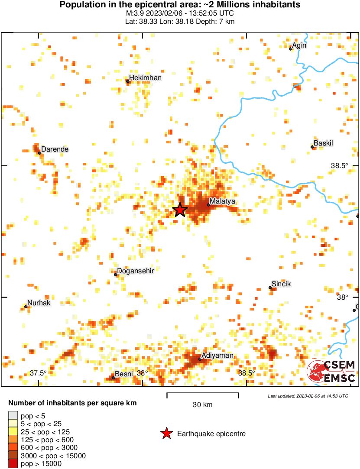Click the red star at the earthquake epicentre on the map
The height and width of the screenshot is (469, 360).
pos(180,210)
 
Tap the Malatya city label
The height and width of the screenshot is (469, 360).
pos(222,201)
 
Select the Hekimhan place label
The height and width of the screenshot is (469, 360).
pos(146,78)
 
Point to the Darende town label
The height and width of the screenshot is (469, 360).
pos(55,149)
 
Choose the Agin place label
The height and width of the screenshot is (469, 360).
pos(300,45)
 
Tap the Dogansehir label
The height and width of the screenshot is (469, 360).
pos(136,271)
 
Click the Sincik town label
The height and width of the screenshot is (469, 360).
pos(281,284)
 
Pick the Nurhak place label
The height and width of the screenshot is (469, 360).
pos(39,303)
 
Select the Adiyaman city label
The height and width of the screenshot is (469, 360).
pos(217,356)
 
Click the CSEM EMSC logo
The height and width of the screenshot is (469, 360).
pos(331,372)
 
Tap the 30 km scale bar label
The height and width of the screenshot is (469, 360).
pos(202,405)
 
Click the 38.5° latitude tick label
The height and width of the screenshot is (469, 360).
pos(340,165)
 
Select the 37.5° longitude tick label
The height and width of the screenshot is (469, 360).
pos(38,373)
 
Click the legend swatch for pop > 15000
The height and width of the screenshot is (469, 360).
pos(13,464)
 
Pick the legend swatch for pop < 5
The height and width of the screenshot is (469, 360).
pos(13,416)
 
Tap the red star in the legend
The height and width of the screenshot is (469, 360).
pos(166,433)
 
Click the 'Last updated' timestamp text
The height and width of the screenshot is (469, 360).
pos(308,396)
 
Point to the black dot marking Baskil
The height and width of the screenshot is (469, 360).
pos(312,147)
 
